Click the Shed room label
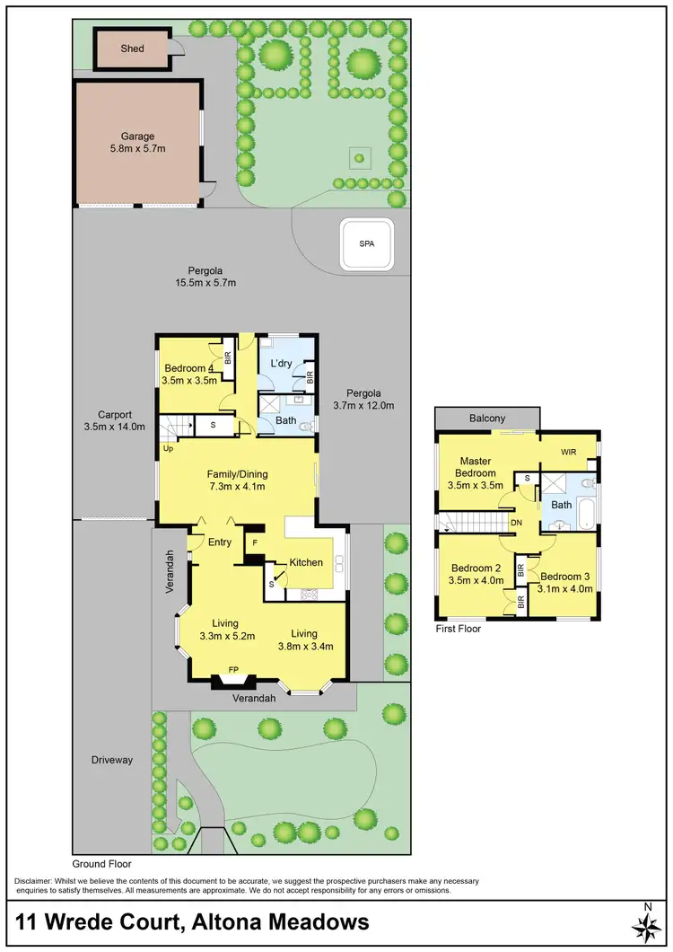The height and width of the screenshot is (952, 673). (132, 48)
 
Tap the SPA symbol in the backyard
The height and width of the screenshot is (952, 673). (366, 244)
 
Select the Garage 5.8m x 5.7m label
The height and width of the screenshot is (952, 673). (138, 143)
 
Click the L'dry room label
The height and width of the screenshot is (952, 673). (283, 363)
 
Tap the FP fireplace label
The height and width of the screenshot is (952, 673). (234, 670)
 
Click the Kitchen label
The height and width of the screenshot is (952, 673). (305, 562)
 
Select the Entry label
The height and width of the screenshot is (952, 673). (219, 542)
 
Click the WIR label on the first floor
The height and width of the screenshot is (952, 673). (569, 451)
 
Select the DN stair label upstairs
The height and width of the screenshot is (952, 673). (515, 522)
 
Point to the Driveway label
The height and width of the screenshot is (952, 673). (112, 760)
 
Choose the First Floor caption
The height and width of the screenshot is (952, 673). (458, 629)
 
